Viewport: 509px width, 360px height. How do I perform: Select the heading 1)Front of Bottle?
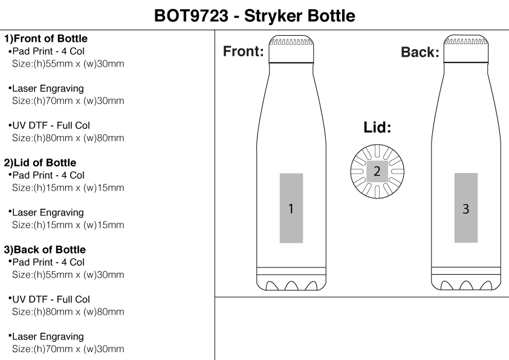[x=46, y=39]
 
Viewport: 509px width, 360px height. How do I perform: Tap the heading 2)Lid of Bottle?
[x=41, y=163]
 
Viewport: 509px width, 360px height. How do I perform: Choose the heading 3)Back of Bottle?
[x=45, y=250]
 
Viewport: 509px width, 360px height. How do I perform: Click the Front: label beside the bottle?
[x=244, y=51]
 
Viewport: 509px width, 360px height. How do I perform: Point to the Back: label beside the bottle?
[x=420, y=52]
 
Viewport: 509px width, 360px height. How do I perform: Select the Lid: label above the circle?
[x=377, y=128]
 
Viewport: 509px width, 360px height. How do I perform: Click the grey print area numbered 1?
[x=291, y=209]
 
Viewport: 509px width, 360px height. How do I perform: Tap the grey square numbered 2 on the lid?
[x=377, y=171]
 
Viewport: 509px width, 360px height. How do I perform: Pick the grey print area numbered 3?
[x=466, y=209]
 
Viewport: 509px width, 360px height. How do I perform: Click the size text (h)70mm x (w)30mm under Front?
[x=68, y=101]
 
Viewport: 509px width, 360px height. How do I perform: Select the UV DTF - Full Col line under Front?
[x=51, y=125]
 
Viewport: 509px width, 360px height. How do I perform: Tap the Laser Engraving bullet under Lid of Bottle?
[x=48, y=212]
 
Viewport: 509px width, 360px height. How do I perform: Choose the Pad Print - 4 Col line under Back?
[x=48, y=262]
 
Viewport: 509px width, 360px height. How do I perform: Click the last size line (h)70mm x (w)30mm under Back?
[x=68, y=349]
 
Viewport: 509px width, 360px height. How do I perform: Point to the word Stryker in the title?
[x=276, y=15]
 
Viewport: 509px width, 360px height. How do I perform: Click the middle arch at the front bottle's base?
[x=291, y=286]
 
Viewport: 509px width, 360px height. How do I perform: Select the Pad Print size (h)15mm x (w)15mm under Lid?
[x=68, y=188]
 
